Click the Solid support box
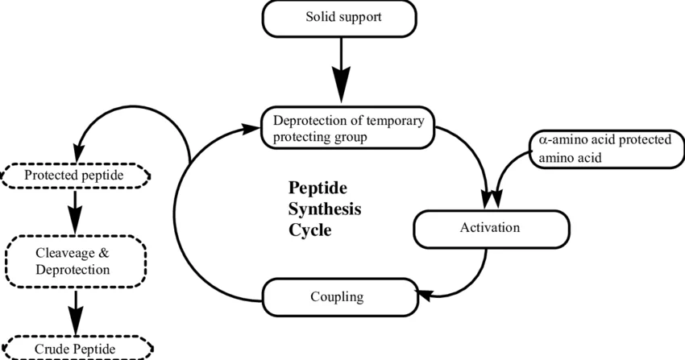point(339,19)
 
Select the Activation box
point(492,229)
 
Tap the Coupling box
point(340,297)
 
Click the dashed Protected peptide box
point(75,176)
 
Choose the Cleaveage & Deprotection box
point(76,262)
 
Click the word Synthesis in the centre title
point(325,209)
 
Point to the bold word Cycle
point(309,230)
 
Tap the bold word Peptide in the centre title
point(318,188)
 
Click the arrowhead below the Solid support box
point(341,85)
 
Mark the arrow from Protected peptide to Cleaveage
point(75,212)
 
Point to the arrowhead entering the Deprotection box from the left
point(251,129)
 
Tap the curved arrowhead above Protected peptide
point(79,153)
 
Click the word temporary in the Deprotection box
point(396,121)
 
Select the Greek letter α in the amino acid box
point(542,140)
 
